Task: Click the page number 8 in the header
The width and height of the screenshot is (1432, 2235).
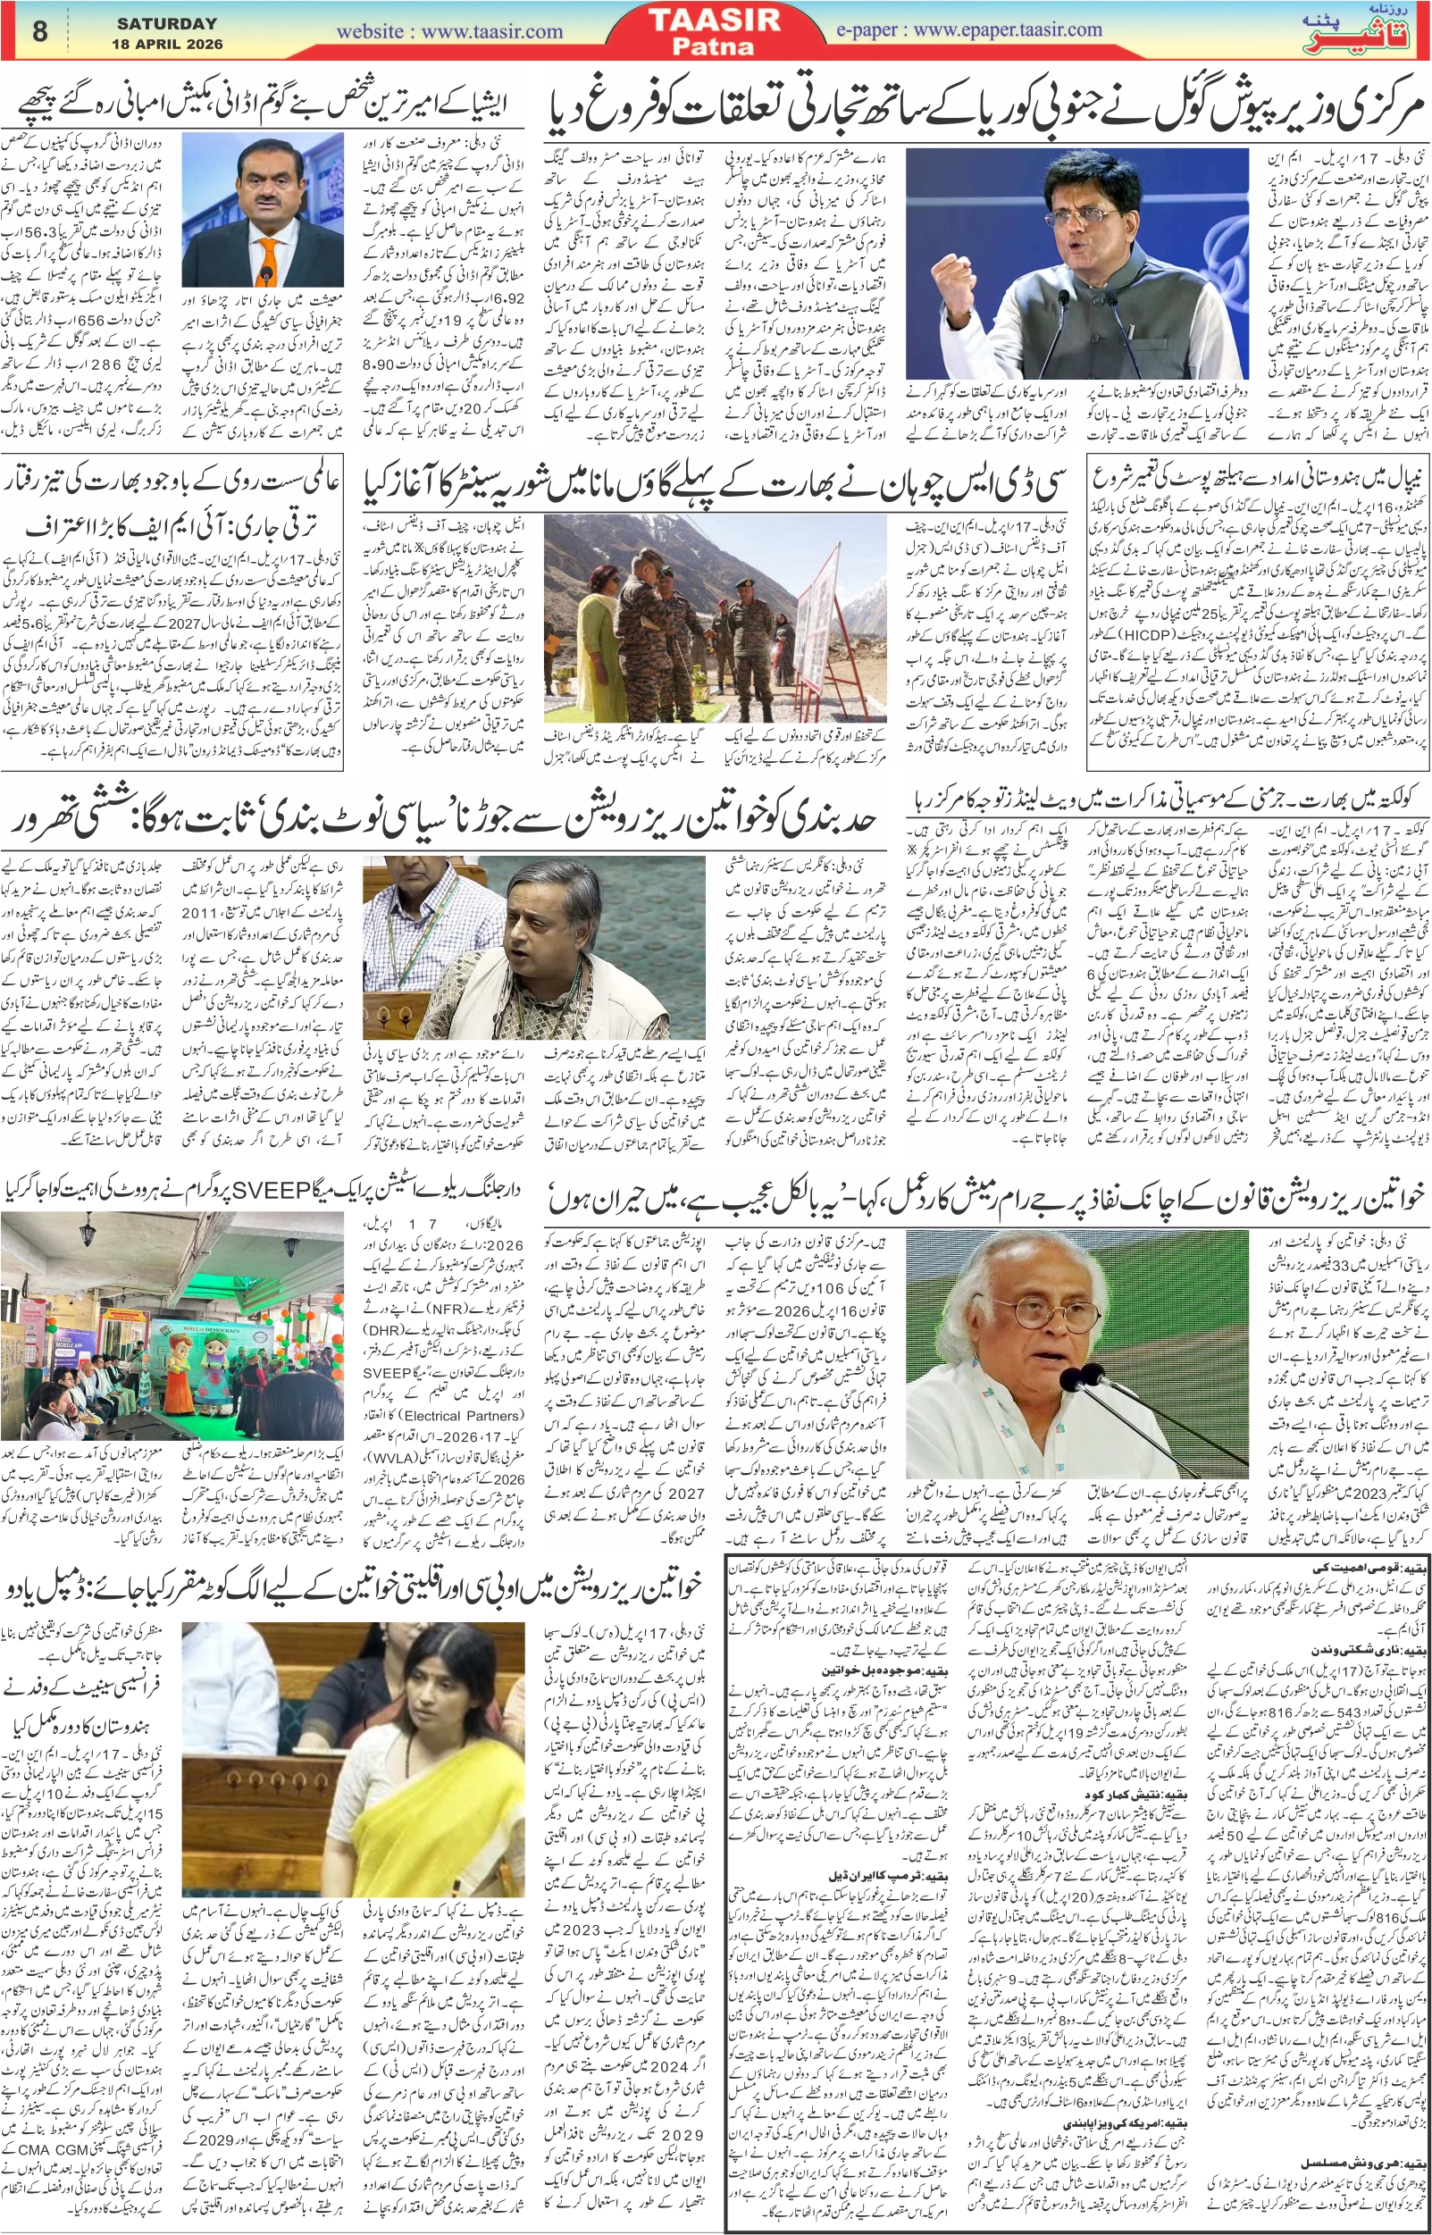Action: (39, 29)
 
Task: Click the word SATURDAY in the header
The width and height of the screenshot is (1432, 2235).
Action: (166, 23)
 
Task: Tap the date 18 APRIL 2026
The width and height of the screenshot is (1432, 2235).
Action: (167, 44)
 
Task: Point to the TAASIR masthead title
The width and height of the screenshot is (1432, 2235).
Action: (714, 20)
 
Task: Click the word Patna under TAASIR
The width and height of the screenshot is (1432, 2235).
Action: (714, 46)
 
